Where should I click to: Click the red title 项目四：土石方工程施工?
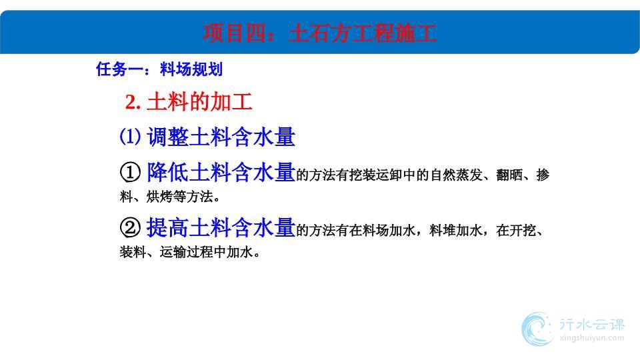319,33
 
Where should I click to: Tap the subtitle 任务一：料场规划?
159,69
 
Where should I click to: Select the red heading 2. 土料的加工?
189,101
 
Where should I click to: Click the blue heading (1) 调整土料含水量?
207,137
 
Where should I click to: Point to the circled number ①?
130,172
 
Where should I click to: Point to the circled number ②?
130,227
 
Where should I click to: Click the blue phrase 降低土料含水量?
221,172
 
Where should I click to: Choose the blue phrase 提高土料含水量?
221,227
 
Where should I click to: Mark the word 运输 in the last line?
173,252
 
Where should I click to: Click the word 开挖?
523,231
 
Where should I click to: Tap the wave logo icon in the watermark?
537,329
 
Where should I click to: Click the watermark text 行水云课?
592,325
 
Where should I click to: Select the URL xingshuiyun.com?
592,338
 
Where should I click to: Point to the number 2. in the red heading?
133,102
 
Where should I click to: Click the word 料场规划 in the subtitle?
191,69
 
